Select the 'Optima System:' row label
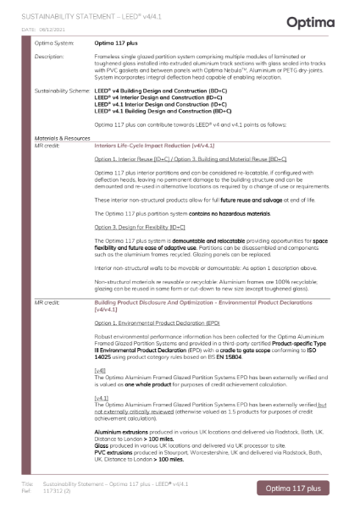click(53, 42)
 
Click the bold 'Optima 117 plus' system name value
click(115, 42)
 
